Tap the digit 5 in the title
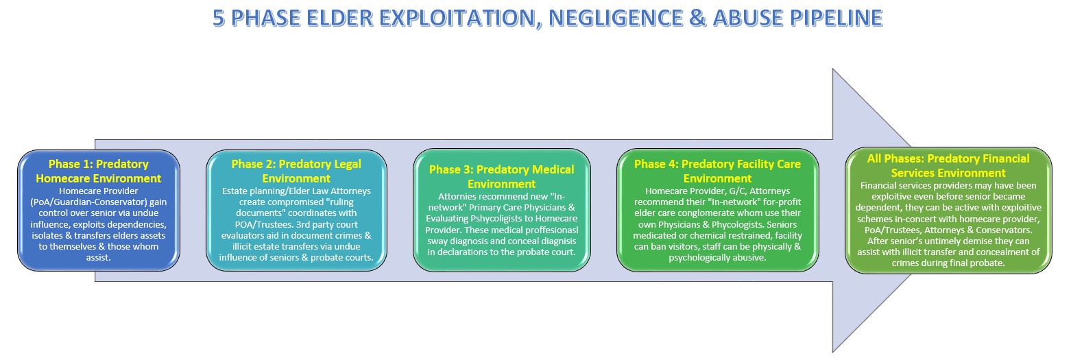point(219,18)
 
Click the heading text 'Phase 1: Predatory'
point(98,164)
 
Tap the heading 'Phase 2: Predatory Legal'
point(296,164)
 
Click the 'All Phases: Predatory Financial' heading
point(948,158)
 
